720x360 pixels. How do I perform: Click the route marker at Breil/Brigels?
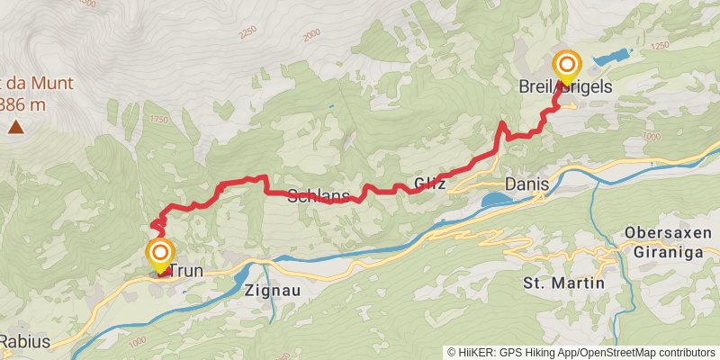coord(568,66)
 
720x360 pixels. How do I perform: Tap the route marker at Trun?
coord(160,253)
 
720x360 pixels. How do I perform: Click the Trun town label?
coord(186,270)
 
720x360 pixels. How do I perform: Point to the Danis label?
coord(526,184)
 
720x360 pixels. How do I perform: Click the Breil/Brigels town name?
coord(565,87)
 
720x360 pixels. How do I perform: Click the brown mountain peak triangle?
coord(16,128)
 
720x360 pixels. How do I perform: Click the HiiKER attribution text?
coord(581,352)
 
